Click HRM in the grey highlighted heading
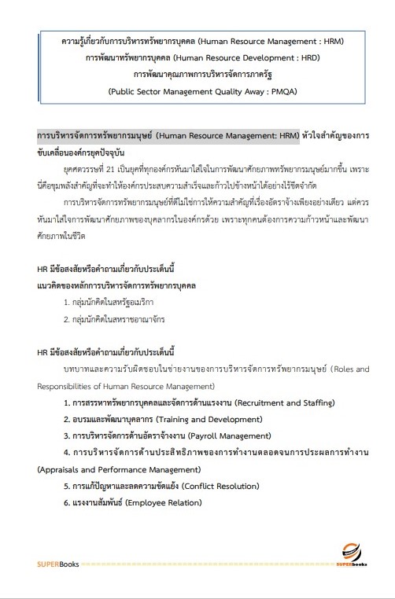[x=286, y=135]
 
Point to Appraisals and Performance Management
[x=113, y=469]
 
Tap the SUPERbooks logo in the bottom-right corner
[x=349, y=555]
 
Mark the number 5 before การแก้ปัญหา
[x=67, y=486]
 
